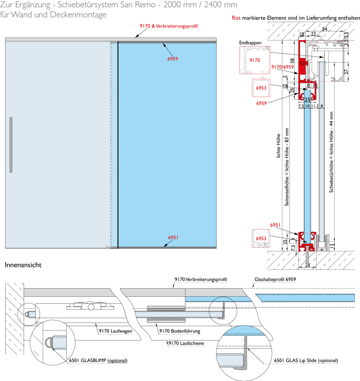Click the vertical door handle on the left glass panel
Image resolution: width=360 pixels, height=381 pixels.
[11, 144]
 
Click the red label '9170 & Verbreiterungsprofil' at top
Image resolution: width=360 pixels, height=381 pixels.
[168, 25]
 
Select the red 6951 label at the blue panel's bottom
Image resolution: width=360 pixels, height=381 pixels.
[173, 237]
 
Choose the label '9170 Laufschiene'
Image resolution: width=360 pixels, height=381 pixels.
[186, 342]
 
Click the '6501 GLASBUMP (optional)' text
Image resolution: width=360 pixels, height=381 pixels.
[98, 361]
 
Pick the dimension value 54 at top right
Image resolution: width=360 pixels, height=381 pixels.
[324, 30]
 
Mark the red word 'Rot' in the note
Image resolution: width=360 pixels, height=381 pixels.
[236, 18]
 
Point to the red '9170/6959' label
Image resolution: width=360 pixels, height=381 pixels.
[281, 67]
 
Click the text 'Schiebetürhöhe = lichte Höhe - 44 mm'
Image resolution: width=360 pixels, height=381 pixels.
[332, 152]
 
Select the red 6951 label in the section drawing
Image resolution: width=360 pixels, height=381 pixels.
[275, 225]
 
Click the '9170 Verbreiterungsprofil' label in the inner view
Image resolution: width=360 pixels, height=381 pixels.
[200, 280]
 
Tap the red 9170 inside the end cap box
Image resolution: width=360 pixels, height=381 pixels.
[255, 60]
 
